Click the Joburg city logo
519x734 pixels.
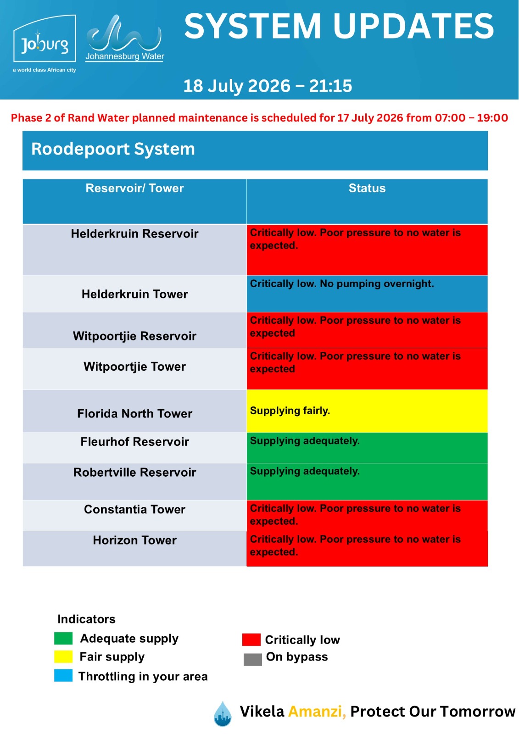coord(44,43)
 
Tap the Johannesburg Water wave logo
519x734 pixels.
coord(124,38)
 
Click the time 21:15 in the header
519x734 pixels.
coord(330,86)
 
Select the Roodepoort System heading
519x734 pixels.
coord(113,149)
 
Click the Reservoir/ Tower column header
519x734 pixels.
coord(134,188)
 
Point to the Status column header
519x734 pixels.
coord(367,188)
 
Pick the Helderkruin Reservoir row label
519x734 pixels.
coord(134,234)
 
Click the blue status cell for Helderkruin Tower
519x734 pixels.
coord(367,294)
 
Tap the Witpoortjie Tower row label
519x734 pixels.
coord(134,367)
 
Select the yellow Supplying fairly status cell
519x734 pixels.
coord(367,411)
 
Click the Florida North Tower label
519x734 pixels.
coord(134,413)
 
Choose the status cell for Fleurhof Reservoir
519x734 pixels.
coord(367,448)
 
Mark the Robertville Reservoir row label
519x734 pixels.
coord(134,472)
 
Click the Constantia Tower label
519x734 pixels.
coord(134,509)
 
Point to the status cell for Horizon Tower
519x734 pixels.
coord(367,549)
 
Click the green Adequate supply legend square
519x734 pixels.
coord(63,638)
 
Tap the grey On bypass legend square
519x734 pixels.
coord(252,659)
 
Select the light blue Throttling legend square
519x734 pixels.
coord(63,676)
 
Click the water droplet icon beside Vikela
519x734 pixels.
coord(223,713)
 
